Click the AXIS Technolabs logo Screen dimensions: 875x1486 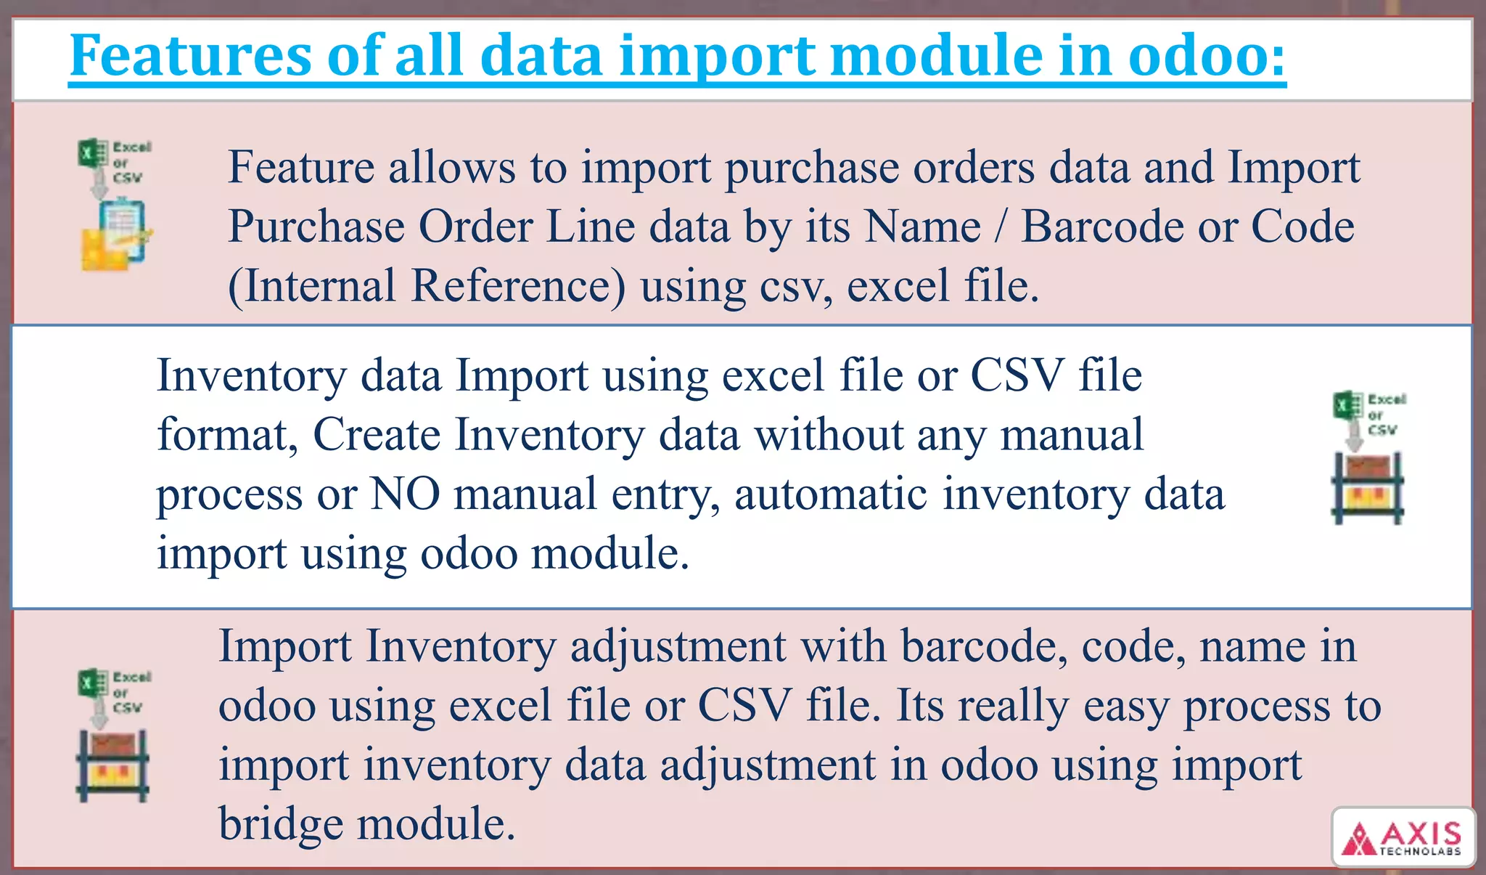point(1403,837)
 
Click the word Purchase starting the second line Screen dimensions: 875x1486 point(316,226)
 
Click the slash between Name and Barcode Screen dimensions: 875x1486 point(1001,226)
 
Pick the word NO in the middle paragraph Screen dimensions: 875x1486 point(405,494)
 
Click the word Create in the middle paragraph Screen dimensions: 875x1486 point(377,434)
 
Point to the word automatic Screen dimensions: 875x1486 point(831,494)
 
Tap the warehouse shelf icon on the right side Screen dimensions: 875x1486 point(1368,487)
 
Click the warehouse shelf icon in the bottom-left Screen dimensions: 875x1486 point(112,765)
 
